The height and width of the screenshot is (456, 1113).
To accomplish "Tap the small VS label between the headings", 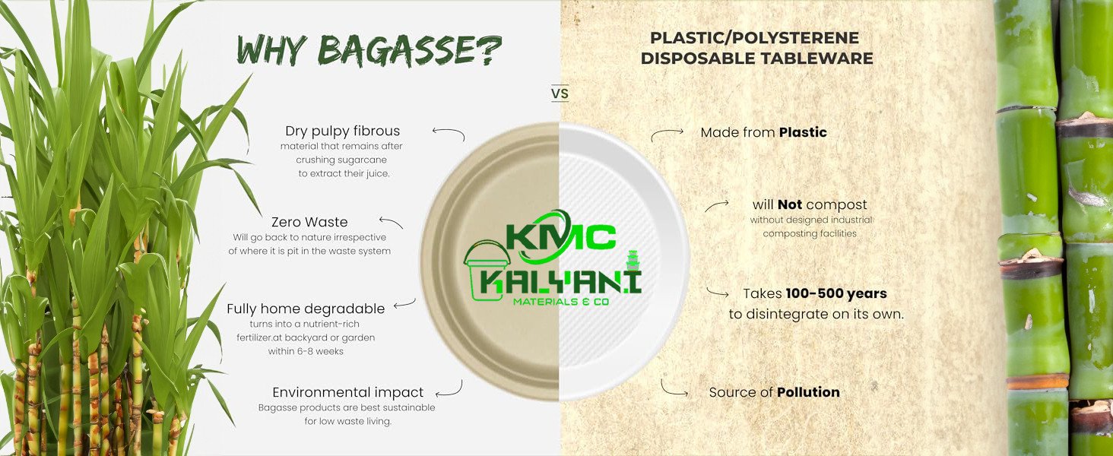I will click(x=560, y=94).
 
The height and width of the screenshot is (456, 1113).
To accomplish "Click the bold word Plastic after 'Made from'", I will click(x=803, y=132).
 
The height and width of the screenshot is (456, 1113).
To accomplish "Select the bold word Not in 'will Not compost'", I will click(x=790, y=204).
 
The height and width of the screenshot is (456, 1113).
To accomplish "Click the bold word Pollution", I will click(x=808, y=392).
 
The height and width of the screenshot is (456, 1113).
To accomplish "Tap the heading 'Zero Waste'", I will click(x=309, y=222).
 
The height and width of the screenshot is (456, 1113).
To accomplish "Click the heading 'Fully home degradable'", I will click(x=306, y=309).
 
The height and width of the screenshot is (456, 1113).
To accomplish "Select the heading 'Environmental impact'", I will click(x=348, y=392).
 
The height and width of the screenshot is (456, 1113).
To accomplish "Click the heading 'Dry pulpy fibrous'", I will click(x=342, y=131).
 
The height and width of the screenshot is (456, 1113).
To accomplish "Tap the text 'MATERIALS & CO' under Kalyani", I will click(x=561, y=302).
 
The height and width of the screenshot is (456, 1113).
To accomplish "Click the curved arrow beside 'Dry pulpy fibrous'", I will click(x=449, y=134).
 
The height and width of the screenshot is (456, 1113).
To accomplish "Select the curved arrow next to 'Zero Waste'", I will click(x=391, y=223).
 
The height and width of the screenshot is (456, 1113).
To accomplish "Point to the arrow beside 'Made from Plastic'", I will click(x=667, y=135).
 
